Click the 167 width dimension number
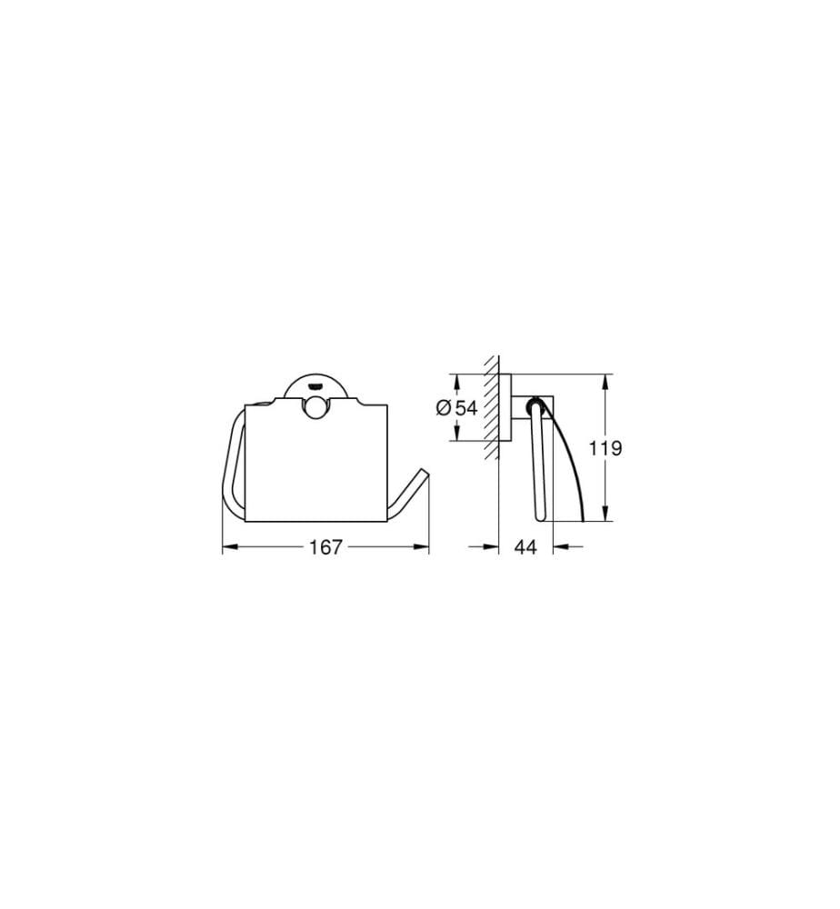[x=325, y=546]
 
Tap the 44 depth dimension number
[x=525, y=546]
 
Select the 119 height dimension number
[x=605, y=447]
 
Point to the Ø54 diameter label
[x=456, y=407]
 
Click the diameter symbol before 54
[x=444, y=408]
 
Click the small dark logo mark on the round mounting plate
[x=315, y=385]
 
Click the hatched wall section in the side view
[x=492, y=407]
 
